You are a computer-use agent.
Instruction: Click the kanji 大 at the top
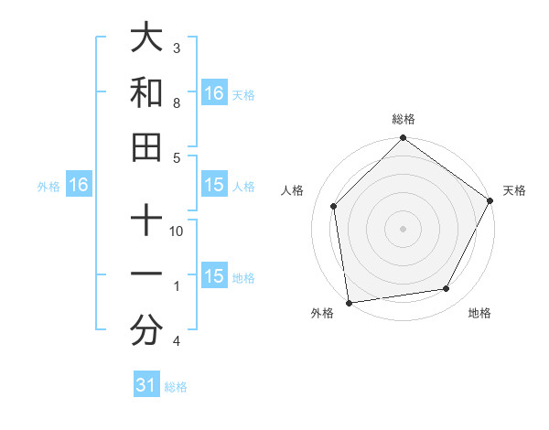coord(146,38)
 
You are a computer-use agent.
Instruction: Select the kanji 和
coord(146,93)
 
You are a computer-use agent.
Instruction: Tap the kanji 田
coord(146,146)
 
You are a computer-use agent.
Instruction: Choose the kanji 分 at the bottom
coord(146,331)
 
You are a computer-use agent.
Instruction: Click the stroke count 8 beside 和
coord(177,103)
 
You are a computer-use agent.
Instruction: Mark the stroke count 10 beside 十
coord(178,231)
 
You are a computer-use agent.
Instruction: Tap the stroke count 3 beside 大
coord(177,48)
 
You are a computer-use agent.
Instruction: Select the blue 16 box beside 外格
coord(79,186)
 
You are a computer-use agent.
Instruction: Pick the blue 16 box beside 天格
coord(213,92)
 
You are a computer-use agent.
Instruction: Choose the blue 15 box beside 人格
coord(213,186)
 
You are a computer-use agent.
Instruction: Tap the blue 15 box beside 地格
coord(213,277)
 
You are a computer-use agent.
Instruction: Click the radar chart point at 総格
coord(403,139)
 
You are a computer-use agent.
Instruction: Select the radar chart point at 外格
coord(349,303)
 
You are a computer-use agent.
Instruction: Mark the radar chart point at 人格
coord(334,206)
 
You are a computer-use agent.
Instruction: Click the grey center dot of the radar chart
coord(403,228)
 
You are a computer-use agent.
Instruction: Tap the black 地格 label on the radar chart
coord(479,314)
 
